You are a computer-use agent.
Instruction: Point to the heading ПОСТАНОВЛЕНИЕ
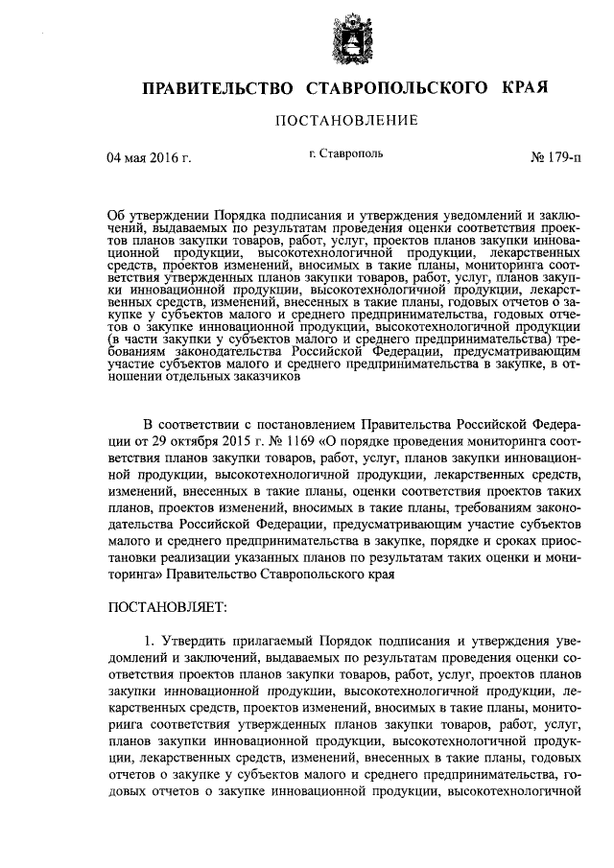point(345,121)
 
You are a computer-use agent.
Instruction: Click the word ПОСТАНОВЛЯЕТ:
point(167,607)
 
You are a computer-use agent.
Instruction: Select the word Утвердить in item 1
point(191,641)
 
